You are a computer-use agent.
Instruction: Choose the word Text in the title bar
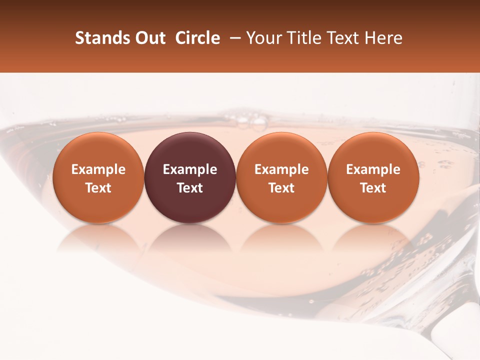coord(341,38)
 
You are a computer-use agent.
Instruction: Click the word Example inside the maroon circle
coord(190,169)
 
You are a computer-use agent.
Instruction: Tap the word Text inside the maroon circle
coord(190,188)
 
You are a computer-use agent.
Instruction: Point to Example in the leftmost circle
coord(98,169)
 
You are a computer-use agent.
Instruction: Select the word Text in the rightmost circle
coord(373,188)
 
